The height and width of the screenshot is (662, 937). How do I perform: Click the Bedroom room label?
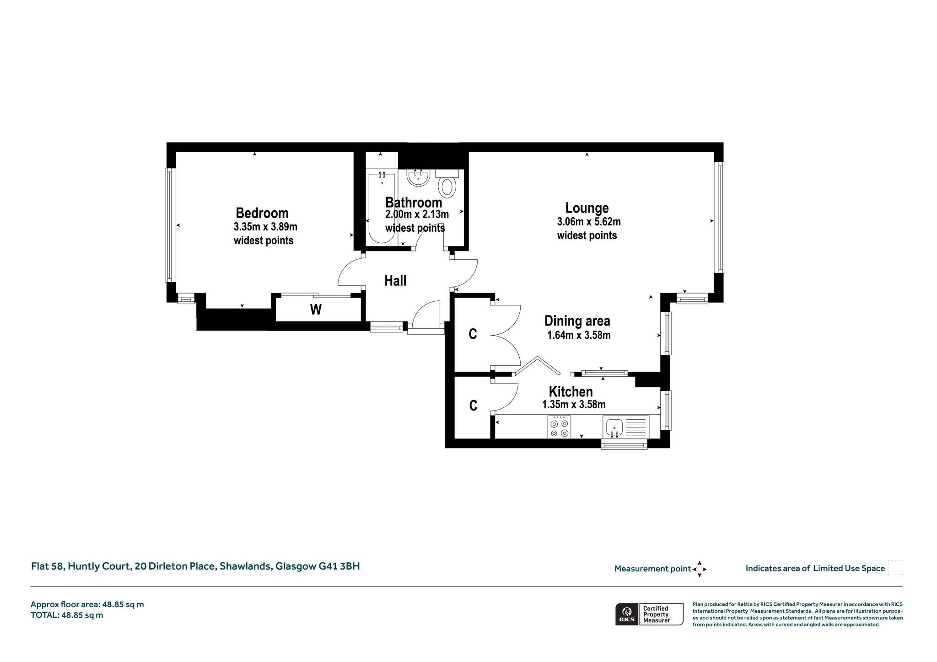262,213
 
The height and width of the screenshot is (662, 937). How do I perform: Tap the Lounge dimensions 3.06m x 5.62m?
589,222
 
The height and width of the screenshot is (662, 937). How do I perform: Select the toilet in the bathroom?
447,183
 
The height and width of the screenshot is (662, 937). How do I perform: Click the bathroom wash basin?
419,178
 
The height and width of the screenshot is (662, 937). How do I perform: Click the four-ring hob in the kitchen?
559,427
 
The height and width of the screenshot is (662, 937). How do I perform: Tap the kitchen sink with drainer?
626,427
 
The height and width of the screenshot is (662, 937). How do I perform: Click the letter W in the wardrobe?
316,310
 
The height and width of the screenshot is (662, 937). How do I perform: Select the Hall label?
395,281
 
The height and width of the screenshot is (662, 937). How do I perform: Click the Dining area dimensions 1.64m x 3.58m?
579,335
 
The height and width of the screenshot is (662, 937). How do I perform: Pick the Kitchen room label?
571,392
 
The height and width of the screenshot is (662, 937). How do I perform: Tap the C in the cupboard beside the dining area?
473,334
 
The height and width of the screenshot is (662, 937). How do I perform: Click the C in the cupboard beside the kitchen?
474,406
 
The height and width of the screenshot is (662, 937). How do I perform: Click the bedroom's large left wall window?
170,225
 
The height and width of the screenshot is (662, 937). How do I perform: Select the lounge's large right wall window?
719,218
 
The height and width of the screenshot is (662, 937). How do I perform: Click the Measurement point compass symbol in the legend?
700,569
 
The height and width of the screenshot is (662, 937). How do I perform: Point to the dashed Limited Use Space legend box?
895,568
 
